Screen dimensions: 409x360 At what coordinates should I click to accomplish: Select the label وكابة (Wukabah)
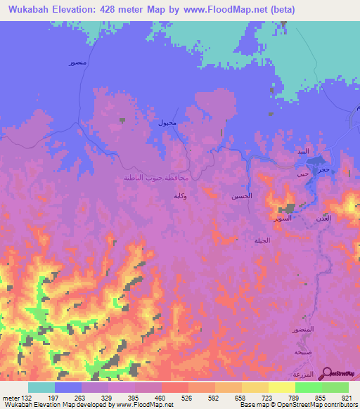click(180, 197)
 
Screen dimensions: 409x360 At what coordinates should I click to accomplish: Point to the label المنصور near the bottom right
click(303, 330)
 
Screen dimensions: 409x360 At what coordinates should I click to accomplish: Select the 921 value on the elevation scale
click(347, 398)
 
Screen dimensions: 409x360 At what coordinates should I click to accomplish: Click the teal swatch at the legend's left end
click(41, 387)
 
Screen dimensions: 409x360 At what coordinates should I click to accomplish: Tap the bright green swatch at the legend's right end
click(335, 387)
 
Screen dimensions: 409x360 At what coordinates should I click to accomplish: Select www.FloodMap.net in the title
click(225, 9)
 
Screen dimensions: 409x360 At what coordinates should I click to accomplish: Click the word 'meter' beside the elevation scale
click(10, 398)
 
